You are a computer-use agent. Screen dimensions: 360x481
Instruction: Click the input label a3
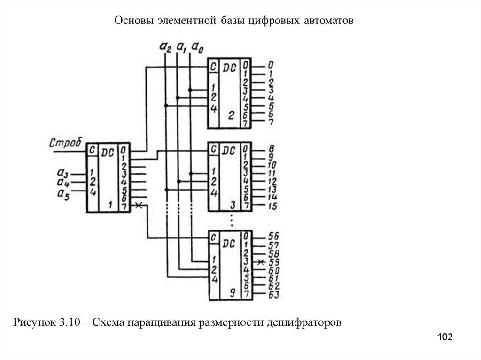(x=62, y=174)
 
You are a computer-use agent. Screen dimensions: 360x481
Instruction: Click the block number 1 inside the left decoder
(x=109, y=205)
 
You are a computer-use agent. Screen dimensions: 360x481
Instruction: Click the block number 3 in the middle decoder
(x=232, y=205)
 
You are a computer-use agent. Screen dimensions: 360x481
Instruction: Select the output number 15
(x=272, y=206)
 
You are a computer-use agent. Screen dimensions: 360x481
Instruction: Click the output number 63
(x=274, y=295)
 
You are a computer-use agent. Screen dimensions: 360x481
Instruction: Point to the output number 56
(x=274, y=236)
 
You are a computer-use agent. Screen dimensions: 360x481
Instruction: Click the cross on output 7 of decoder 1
(x=138, y=206)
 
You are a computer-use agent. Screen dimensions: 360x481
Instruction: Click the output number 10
(x=273, y=166)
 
